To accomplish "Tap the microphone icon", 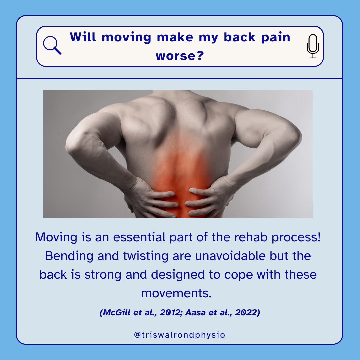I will pyautogui.click(x=313, y=46).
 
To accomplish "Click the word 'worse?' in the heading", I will pyautogui.click(x=180, y=56).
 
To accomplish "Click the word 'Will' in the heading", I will pyautogui.click(x=83, y=37).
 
